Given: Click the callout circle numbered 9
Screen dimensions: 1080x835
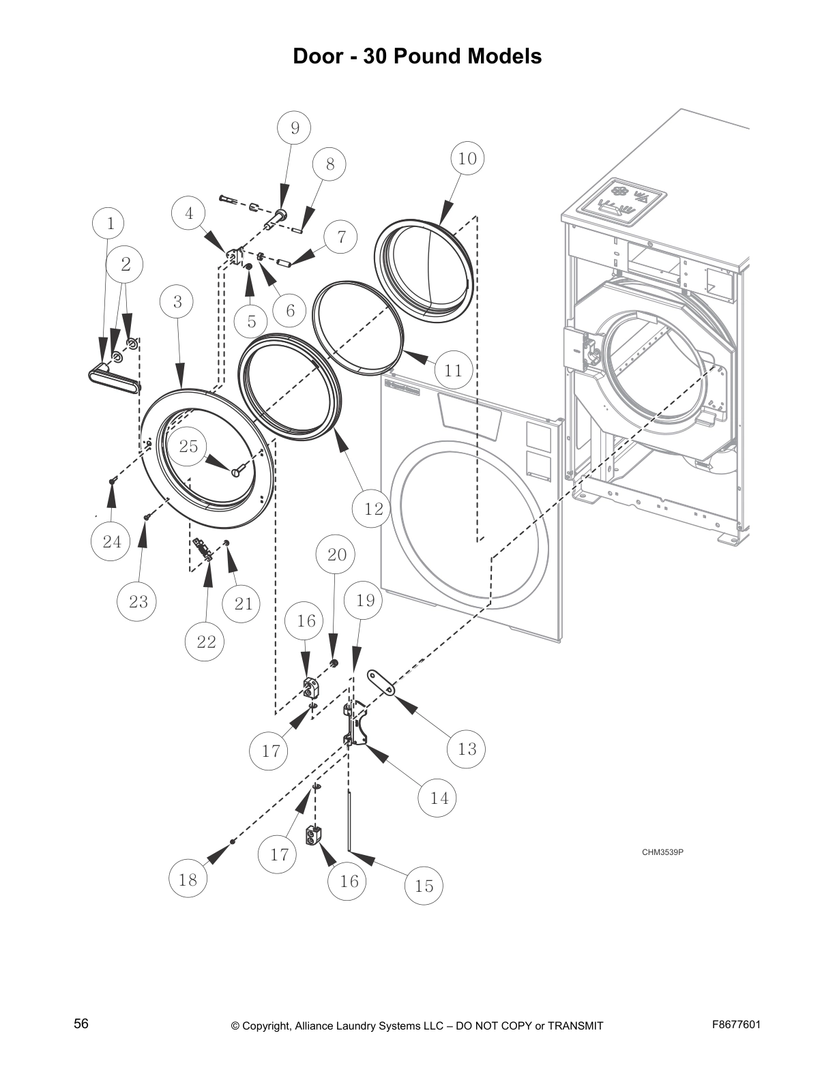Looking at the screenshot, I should [295, 127].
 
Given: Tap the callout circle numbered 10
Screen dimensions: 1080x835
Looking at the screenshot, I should [467, 158].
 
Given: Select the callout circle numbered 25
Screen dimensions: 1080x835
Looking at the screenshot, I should [188, 446].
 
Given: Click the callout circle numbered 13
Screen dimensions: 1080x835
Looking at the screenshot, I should [467, 749].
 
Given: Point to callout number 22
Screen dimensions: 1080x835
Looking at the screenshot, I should [206, 641].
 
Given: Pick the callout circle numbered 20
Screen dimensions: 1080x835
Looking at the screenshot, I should [337, 554].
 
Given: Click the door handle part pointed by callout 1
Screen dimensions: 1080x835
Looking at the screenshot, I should [113, 376].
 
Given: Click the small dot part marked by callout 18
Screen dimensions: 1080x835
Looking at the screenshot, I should [233, 843].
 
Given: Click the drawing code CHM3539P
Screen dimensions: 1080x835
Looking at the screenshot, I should [662, 852].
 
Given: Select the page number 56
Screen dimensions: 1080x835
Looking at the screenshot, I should [81, 1023].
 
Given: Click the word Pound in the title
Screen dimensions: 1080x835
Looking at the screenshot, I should [428, 56].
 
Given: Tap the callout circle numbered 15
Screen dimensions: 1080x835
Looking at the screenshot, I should [424, 885].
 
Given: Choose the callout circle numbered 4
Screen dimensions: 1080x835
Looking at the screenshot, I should [189, 213].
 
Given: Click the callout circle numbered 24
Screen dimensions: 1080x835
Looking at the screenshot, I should [112, 541].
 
